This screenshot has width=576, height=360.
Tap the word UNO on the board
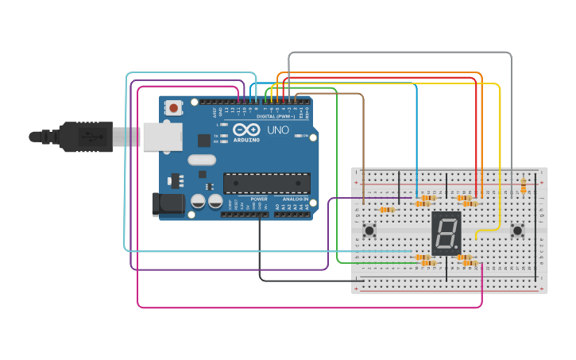[x=278, y=130]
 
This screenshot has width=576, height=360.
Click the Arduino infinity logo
[x=246, y=130]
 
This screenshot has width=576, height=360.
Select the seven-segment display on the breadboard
[x=446, y=233]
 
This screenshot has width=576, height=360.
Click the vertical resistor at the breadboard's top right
[x=523, y=186]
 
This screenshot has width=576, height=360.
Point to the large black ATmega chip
[x=266, y=184]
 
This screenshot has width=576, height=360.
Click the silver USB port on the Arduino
[x=161, y=136]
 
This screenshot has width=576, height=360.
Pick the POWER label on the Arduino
[x=259, y=199]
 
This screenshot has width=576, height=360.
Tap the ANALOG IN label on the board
[x=292, y=199]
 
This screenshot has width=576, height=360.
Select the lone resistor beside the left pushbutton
[x=387, y=210]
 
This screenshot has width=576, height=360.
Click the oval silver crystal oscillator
[x=202, y=160]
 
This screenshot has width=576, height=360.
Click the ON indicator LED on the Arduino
[x=298, y=136]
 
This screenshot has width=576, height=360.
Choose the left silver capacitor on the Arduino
[x=196, y=203]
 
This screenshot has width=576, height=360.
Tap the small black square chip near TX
[x=204, y=141]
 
